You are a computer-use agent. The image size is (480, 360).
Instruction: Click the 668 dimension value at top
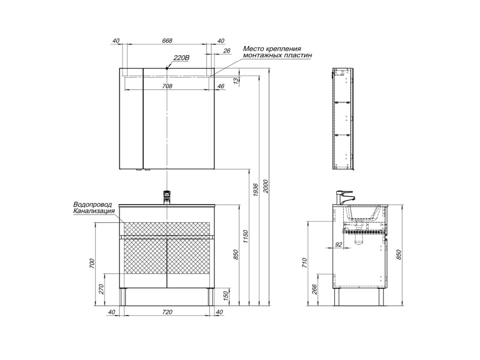click(167, 40)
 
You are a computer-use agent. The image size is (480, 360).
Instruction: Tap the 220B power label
click(182, 58)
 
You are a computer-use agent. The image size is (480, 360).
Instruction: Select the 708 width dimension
click(167, 86)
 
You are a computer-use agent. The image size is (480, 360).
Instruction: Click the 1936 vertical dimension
click(256, 190)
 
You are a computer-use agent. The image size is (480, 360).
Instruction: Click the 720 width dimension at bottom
click(167, 312)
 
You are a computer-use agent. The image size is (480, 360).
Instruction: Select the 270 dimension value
click(102, 289)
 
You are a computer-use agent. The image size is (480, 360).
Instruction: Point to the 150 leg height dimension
click(226, 297)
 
